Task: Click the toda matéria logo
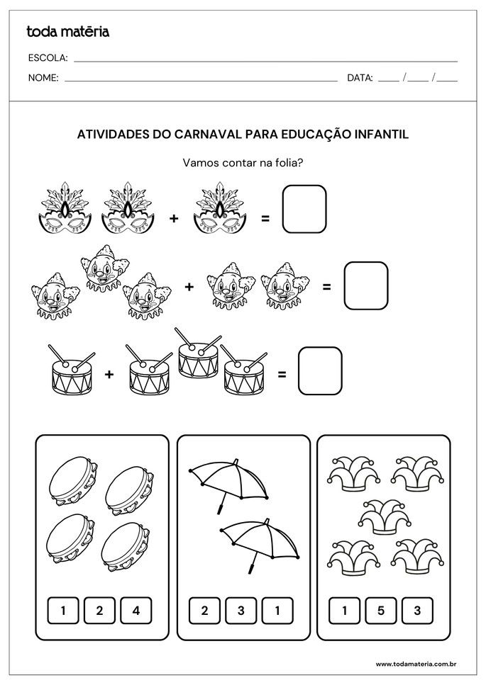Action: tap(67, 31)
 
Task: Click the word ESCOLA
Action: tap(48, 58)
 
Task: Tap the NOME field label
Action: tap(43, 78)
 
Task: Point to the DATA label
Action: tap(360, 78)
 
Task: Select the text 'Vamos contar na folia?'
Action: tap(243, 163)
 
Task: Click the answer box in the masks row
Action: tap(304, 210)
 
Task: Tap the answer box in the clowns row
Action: tap(366, 286)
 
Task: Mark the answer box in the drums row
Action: tap(320, 370)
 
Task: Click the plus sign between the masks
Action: tap(174, 219)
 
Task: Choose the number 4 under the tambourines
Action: tap(136, 610)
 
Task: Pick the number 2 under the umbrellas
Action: tap(204, 610)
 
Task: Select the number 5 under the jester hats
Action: tap(381, 610)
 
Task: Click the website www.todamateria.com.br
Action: tap(415, 664)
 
